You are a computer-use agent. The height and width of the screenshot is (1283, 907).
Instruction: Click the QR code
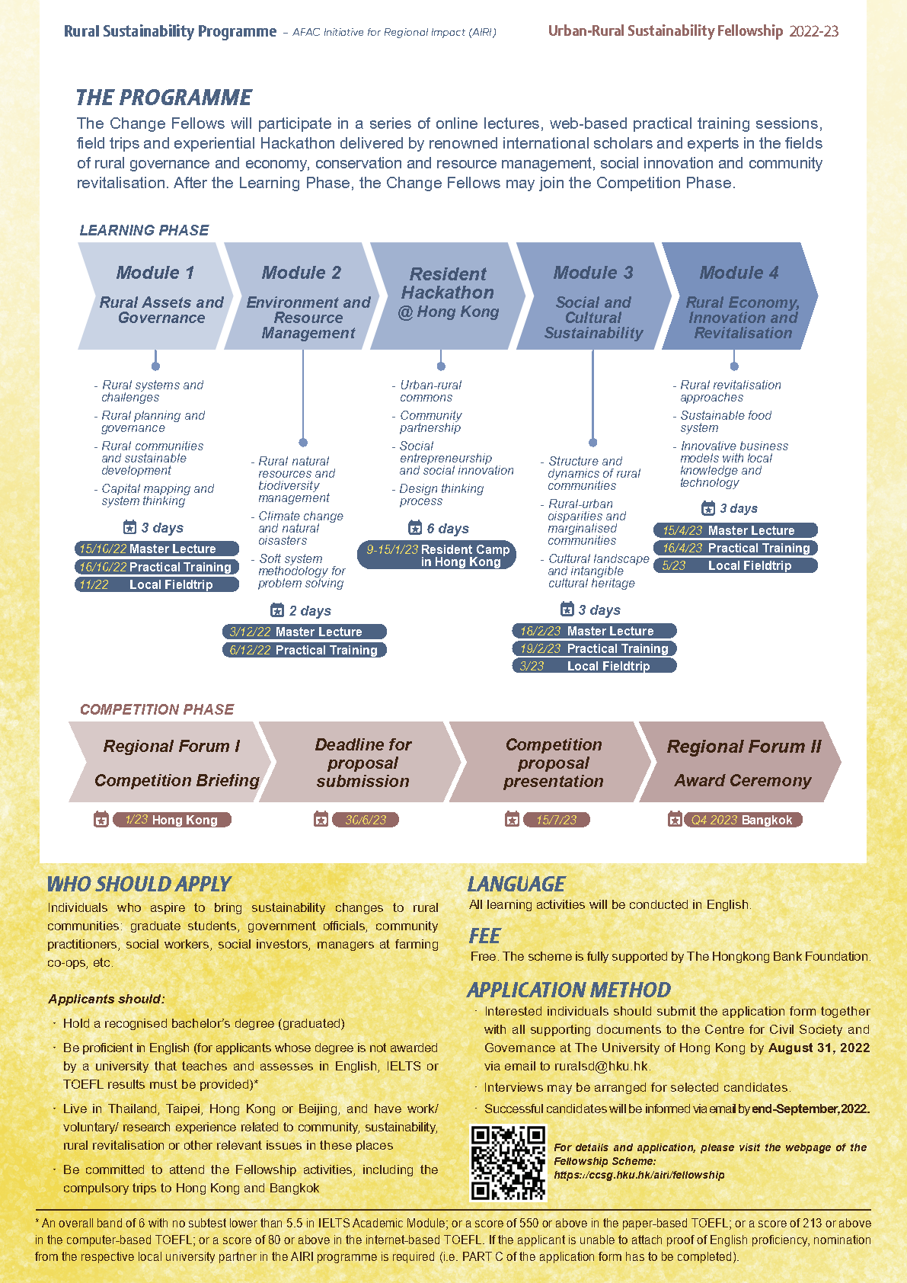click(508, 1162)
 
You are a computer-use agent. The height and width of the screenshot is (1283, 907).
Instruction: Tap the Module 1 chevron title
click(155, 273)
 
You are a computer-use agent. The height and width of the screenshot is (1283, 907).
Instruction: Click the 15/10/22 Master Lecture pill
click(157, 549)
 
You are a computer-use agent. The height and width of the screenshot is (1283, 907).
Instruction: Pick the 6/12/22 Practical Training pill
click(305, 650)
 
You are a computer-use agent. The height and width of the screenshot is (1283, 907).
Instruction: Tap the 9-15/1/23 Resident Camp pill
click(437, 555)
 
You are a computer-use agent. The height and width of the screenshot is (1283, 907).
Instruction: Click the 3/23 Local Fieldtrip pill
click(594, 666)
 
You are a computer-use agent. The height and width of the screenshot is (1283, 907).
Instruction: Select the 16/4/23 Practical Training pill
click(736, 548)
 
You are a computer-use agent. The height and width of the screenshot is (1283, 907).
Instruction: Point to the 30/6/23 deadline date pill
click(366, 820)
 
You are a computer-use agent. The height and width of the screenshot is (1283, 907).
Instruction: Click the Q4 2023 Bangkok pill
click(743, 820)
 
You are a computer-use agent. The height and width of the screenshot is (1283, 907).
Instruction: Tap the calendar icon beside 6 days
click(415, 527)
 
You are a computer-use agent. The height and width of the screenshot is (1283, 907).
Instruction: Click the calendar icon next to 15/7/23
click(512, 819)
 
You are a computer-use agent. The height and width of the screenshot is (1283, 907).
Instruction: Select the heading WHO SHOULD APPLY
click(139, 885)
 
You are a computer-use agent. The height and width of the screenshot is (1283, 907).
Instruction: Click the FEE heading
click(484, 936)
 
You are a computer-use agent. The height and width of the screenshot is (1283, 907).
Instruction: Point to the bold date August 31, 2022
click(819, 1048)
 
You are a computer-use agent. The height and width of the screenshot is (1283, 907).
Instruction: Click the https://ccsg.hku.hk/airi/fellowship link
click(639, 1176)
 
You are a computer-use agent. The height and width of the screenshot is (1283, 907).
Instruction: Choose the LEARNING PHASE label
click(144, 230)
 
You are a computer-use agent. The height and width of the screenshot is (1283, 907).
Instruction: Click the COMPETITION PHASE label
click(157, 709)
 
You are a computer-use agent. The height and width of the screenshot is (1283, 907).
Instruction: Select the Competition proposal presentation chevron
click(551, 762)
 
